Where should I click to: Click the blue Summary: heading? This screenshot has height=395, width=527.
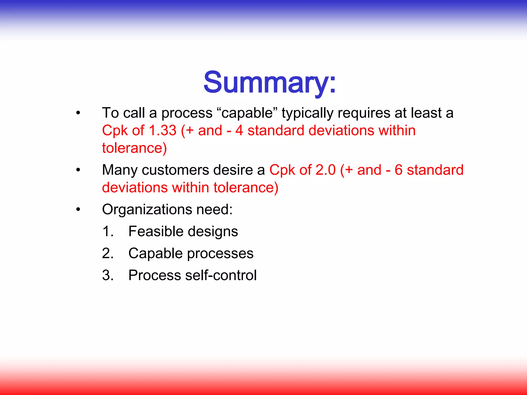pos(269,82)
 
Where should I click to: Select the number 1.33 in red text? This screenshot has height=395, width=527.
pos(163,130)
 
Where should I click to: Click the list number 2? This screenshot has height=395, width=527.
pos(107,253)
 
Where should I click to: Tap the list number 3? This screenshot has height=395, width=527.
pos(107,275)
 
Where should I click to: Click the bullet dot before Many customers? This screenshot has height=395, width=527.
pos(78,170)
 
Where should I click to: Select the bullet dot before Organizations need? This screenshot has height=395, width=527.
pos(78,210)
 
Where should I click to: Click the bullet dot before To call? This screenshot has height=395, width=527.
pos(78,113)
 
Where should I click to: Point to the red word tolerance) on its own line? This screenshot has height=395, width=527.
pos(134,148)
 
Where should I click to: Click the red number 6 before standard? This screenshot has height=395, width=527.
pos(398,170)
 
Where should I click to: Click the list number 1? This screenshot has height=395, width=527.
pos(107,231)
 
